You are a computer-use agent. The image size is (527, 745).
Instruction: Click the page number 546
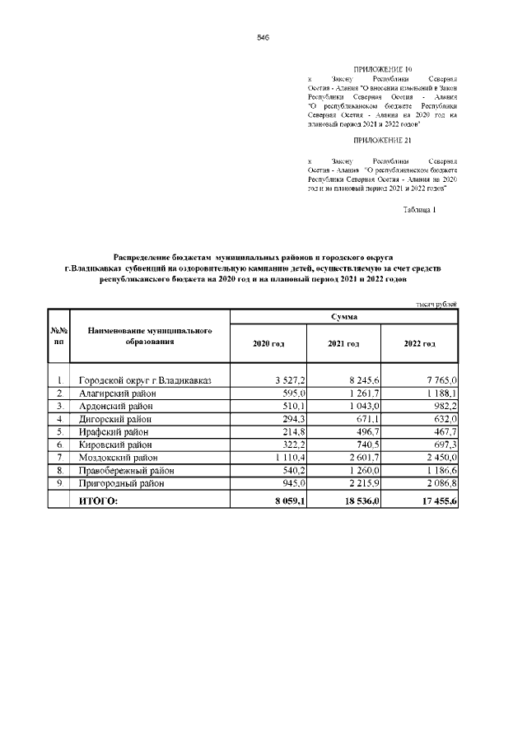[263, 38]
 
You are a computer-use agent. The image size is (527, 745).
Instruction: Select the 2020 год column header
[268, 343]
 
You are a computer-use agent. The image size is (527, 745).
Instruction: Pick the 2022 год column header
[420, 343]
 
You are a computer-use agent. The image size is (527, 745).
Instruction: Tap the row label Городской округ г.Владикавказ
[145, 380]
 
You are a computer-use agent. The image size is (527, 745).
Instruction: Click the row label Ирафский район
[114, 431]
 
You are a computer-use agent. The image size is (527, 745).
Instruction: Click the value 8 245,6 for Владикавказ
[362, 380]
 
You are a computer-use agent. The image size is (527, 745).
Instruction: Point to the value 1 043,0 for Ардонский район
[362, 406]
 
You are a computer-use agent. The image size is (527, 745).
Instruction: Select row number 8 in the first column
[60, 470]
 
